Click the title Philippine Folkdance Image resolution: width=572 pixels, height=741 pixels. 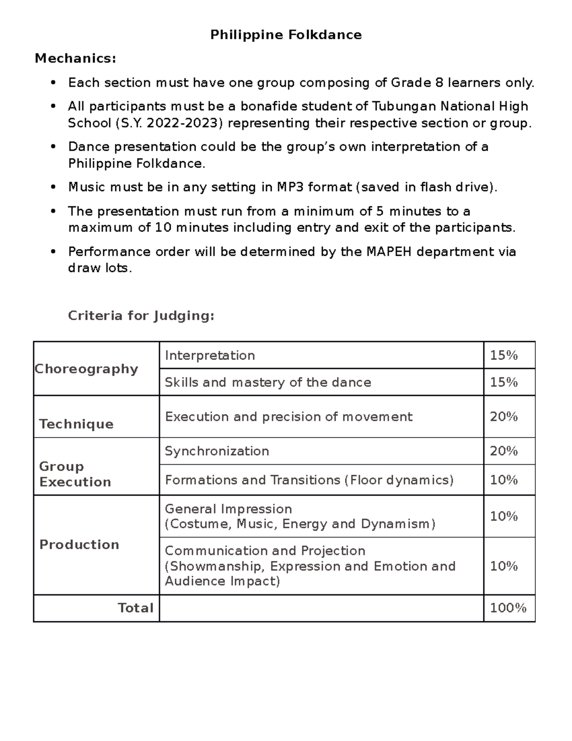(x=286, y=35)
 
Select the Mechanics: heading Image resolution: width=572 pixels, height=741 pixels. (x=75, y=59)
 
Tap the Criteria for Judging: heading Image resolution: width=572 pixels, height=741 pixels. (x=141, y=316)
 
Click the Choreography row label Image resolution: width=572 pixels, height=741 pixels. (x=86, y=369)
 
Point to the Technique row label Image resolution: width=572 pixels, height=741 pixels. (x=76, y=424)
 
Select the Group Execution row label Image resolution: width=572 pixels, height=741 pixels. (x=75, y=474)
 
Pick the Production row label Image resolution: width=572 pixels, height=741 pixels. (x=79, y=545)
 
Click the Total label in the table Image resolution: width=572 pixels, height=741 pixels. (x=135, y=608)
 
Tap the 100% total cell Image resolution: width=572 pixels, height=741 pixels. (x=508, y=608)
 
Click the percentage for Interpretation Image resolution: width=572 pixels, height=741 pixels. (x=504, y=355)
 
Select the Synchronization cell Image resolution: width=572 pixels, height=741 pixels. (x=217, y=451)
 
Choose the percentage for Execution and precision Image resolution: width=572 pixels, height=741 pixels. (x=504, y=417)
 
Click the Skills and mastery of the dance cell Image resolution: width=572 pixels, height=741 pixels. (x=268, y=383)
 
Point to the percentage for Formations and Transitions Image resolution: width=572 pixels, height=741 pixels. (x=504, y=480)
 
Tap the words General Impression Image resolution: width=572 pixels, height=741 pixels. (x=228, y=509)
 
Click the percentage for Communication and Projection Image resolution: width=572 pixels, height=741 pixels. (x=504, y=566)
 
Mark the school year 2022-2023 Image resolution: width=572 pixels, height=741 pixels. (x=184, y=124)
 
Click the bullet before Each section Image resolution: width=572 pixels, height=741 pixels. (x=53, y=83)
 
